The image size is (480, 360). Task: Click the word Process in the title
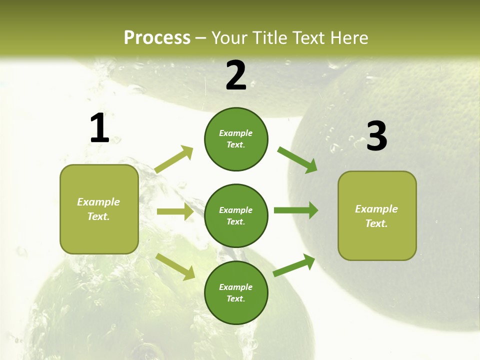[x=157, y=38]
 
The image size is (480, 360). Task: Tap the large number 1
[x=99, y=128]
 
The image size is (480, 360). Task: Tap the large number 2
[x=236, y=75]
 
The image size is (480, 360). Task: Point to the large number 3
[x=376, y=136]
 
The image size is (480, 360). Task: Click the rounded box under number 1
[x=99, y=209]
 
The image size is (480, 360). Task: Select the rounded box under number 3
[x=377, y=215]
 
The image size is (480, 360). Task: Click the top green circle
[x=236, y=139]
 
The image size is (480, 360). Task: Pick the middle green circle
[x=236, y=215]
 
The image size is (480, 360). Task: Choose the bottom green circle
[x=236, y=292]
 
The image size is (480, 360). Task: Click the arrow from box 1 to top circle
[x=174, y=159]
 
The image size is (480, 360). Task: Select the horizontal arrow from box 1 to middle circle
[x=175, y=211]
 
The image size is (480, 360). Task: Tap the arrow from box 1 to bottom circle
[x=175, y=266]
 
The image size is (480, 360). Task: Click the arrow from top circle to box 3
[x=297, y=159]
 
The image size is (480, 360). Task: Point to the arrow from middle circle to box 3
[x=295, y=210]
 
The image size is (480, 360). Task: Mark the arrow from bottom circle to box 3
[x=294, y=265]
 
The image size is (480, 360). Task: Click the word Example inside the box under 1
[x=98, y=202]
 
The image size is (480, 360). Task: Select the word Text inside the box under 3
[x=376, y=223]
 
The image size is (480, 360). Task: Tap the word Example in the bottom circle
[x=235, y=287]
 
